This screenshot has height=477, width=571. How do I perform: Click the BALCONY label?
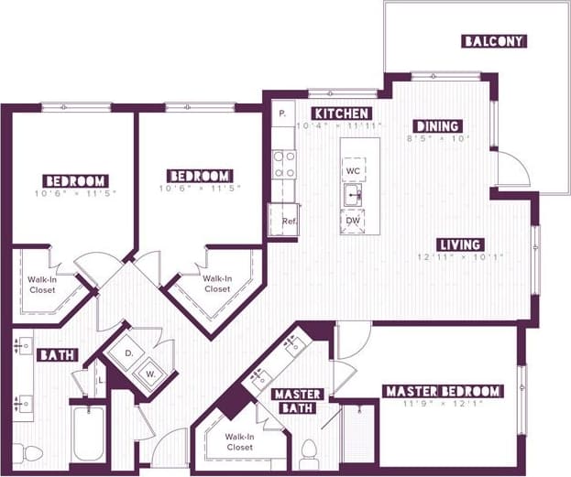click(493, 41)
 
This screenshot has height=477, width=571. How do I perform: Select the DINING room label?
click(436, 126)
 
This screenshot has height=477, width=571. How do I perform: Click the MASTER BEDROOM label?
click(443, 391)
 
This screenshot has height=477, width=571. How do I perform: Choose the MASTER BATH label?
click(296, 401)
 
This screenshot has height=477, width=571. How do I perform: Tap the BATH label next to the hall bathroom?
click(57, 354)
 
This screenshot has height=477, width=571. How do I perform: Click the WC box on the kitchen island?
click(353, 170)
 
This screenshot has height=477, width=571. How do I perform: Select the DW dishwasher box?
click(353, 222)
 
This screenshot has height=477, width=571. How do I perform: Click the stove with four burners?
click(284, 164)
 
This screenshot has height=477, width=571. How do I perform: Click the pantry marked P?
click(282, 114)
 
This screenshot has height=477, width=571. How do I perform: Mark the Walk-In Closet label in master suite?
click(240, 441)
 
